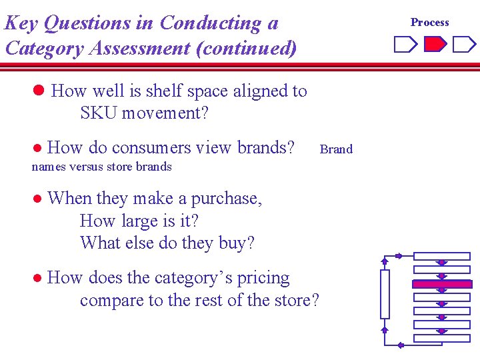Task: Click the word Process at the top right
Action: click(x=429, y=22)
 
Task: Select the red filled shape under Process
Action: click(x=435, y=45)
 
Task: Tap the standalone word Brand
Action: click(x=336, y=149)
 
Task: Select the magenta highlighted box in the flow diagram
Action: click(x=442, y=284)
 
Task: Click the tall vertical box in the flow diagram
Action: click(x=385, y=294)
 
